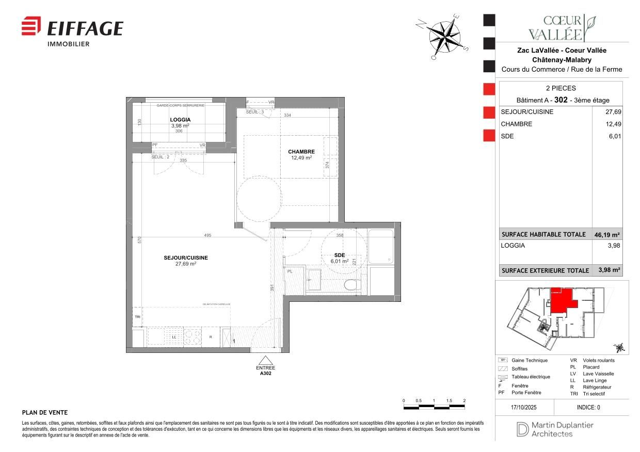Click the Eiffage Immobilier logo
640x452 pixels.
click(x=72, y=30)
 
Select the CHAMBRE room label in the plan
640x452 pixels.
click(x=301, y=152)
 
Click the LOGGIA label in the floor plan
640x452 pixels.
click(x=180, y=119)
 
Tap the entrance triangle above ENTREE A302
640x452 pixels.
click(x=266, y=360)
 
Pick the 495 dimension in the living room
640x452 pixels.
click(x=207, y=235)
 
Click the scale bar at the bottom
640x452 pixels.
click(x=434, y=407)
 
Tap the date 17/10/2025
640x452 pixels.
click(x=524, y=407)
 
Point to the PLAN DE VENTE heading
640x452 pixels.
click(x=45, y=413)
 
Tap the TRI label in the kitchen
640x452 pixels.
click(x=137, y=317)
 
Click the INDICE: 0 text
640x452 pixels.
click(x=588, y=407)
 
